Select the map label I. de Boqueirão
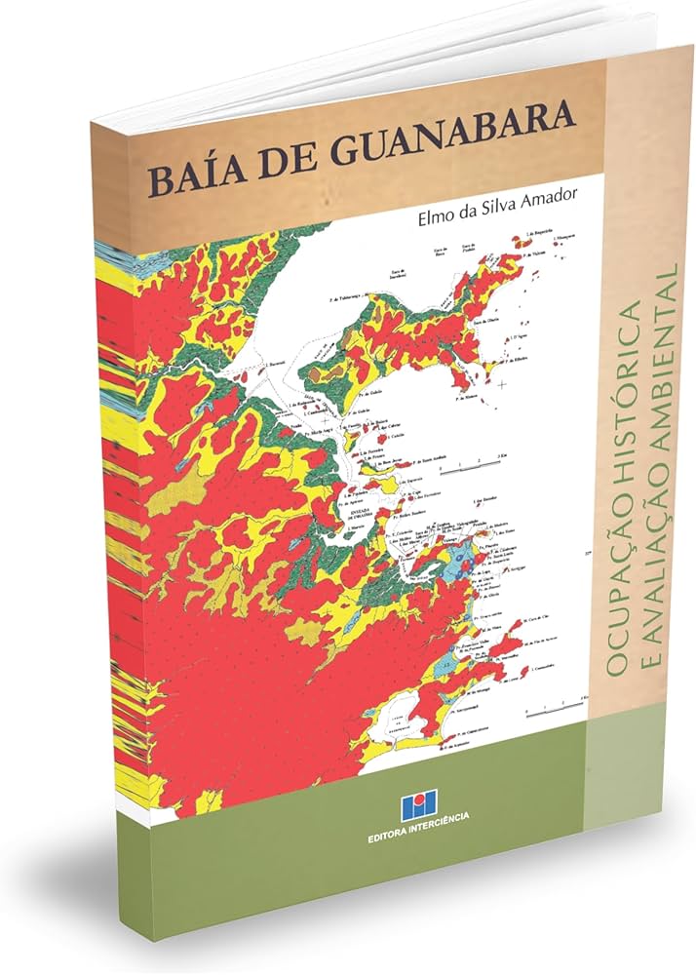pos(537,233)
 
